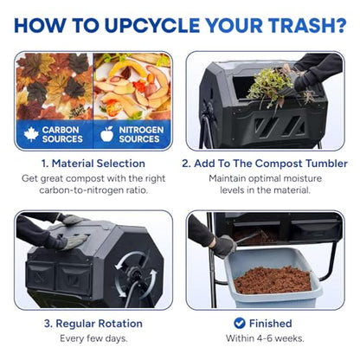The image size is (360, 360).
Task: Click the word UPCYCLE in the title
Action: pos(152,25)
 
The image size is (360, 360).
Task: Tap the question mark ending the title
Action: pos(341,25)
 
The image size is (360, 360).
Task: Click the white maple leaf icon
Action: pos(31,134)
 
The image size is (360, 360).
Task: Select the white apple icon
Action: pos(106,134)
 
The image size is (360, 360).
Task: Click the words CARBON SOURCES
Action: pos(62,134)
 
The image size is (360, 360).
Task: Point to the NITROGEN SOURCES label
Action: pos(141,134)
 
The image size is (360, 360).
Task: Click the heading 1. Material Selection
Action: pos(93,164)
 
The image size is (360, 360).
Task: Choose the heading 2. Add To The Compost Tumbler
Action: pos(265,164)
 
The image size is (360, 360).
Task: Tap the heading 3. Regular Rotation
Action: pos(93,324)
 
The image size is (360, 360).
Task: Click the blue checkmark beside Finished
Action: pos(240,323)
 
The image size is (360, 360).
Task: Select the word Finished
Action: pos(271,324)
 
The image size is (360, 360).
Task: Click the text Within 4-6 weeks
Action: pos(265,338)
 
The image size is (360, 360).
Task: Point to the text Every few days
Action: pos(93,338)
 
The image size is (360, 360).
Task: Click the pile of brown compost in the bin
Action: pos(273,280)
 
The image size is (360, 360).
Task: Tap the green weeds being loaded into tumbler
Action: pos(271,87)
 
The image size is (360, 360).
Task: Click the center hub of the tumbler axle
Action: pos(134,273)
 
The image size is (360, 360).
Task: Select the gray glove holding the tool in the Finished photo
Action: pos(224,246)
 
